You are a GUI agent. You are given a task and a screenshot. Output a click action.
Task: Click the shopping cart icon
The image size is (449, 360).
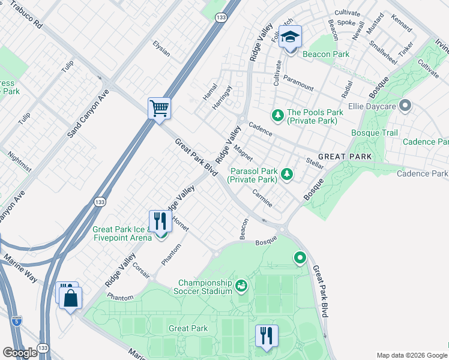159,109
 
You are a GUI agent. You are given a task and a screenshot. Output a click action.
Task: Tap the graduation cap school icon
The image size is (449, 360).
291,38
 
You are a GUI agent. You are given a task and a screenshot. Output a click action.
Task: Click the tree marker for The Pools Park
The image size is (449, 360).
278,114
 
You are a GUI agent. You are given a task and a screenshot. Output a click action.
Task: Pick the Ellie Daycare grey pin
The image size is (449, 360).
405,107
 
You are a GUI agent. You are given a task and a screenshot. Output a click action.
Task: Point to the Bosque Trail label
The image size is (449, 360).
375,132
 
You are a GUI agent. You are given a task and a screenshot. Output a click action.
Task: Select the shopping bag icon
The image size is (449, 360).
71,298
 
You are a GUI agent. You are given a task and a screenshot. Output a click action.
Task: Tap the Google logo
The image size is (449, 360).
20,353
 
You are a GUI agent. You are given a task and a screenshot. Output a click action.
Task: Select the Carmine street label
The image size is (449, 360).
262,199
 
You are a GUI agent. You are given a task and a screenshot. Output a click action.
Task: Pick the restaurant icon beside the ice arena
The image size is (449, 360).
160,221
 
